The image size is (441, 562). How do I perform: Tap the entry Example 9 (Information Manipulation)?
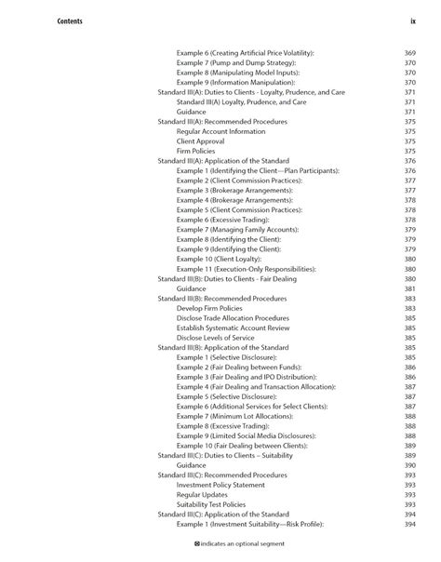(245, 83)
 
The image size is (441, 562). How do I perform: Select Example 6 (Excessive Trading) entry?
(228, 220)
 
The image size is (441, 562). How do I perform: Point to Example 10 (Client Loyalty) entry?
(228, 259)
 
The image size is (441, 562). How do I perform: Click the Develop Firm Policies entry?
(216, 308)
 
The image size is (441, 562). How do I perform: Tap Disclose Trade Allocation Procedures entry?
(239, 317)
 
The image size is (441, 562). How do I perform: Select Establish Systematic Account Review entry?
(237, 328)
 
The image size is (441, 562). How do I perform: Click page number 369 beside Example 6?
(409, 53)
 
